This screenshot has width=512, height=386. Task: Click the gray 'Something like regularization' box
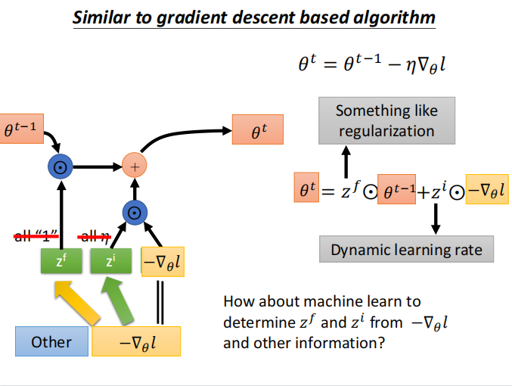click(386, 120)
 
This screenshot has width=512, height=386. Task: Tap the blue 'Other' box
click(51, 342)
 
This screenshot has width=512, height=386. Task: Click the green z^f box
click(59, 261)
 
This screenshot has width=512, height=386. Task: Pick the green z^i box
click(110, 261)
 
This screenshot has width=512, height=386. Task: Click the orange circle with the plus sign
click(135, 165)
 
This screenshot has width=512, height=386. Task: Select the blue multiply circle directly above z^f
click(59, 165)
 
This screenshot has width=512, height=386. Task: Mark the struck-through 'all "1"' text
click(38, 238)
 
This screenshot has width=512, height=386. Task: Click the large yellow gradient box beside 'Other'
click(136, 342)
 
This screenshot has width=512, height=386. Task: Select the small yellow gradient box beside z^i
click(163, 261)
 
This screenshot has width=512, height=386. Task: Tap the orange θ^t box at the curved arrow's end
click(254, 130)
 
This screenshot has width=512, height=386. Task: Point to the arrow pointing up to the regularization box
click(347, 160)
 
